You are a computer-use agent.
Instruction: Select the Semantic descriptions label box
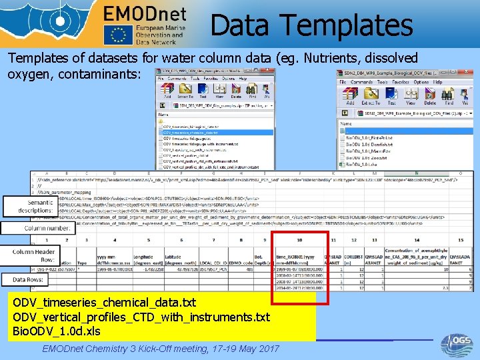pos(31,206)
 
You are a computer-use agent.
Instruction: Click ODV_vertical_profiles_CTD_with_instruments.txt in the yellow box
pos(141,317)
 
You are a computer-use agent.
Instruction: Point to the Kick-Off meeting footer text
pos(161,349)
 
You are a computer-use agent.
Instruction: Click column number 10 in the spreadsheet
pos(300,240)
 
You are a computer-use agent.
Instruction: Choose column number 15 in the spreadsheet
pos(460,240)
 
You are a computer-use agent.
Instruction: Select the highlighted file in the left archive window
pos(200,133)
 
